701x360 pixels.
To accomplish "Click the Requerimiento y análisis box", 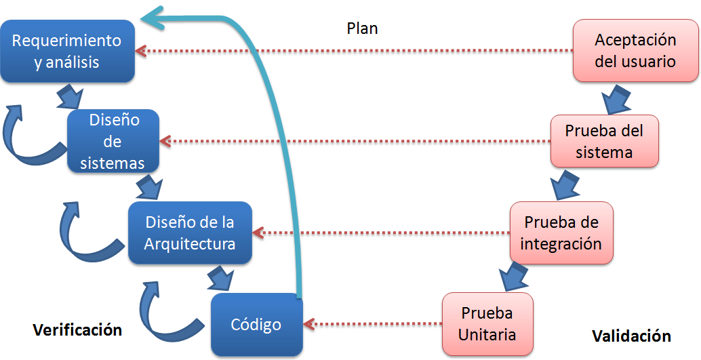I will point(66,51).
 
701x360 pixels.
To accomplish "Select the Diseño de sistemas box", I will point(113,142).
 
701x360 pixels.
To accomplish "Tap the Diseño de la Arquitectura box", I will point(190,233).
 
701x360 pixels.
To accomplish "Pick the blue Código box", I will point(256,325).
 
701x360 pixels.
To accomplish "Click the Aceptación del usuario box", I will point(635,51).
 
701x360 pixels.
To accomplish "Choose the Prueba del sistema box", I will point(603,141).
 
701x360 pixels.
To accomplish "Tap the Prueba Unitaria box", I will point(487,324).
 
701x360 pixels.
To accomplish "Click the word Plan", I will point(362,28).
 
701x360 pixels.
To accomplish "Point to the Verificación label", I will point(77,330).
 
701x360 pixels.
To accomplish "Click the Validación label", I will point(631,336).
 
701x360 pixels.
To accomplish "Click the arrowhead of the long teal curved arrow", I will point(155,18).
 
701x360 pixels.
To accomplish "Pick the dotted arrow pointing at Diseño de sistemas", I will point(353,142).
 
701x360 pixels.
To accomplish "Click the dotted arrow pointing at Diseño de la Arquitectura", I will point(380,233).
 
